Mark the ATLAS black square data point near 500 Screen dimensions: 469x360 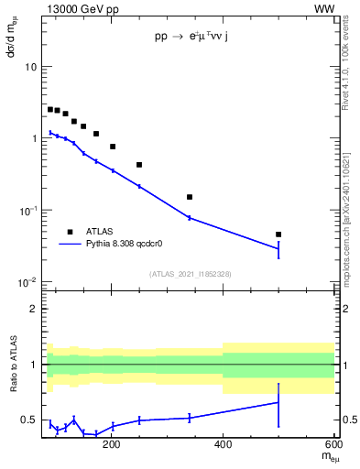point(278,234)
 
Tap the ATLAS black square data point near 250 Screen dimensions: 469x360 point(139,165)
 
